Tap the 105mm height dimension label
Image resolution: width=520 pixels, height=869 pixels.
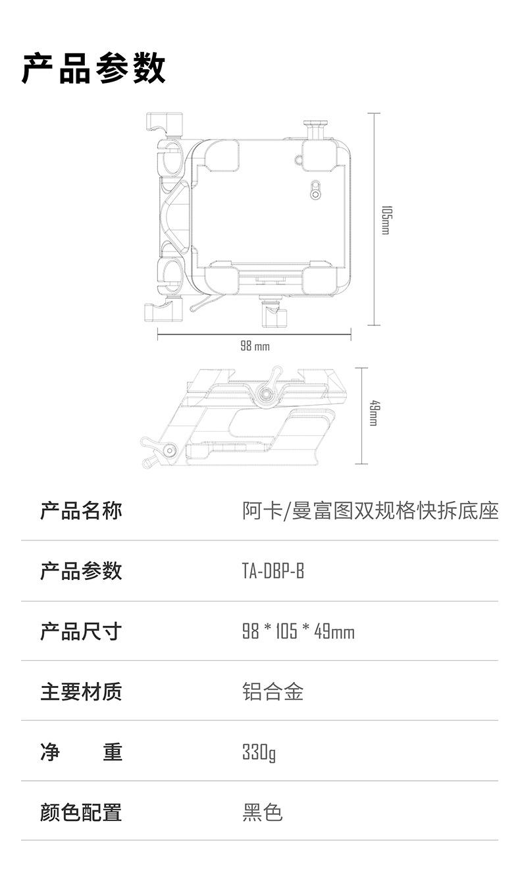[386, 220]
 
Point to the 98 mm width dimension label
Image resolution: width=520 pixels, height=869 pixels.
[254, 346]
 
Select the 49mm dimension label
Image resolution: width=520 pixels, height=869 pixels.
[372, 413]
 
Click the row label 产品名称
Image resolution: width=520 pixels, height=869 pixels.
[81, 510]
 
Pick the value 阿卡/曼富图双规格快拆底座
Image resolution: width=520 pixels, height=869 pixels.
[370, 510]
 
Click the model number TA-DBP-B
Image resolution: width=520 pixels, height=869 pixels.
[273, 571]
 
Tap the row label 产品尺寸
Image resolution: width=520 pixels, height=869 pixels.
[81, 631]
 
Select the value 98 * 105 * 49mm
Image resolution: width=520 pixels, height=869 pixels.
[298, 632]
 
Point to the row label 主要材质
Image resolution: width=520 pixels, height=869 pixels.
[81, 692]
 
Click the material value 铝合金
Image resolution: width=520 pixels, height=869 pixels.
[273, 692]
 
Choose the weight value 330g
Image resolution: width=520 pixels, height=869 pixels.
[259, 752]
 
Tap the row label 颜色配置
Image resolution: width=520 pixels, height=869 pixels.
[81, 812]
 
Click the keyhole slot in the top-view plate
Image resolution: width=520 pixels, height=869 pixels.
[317, 191]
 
